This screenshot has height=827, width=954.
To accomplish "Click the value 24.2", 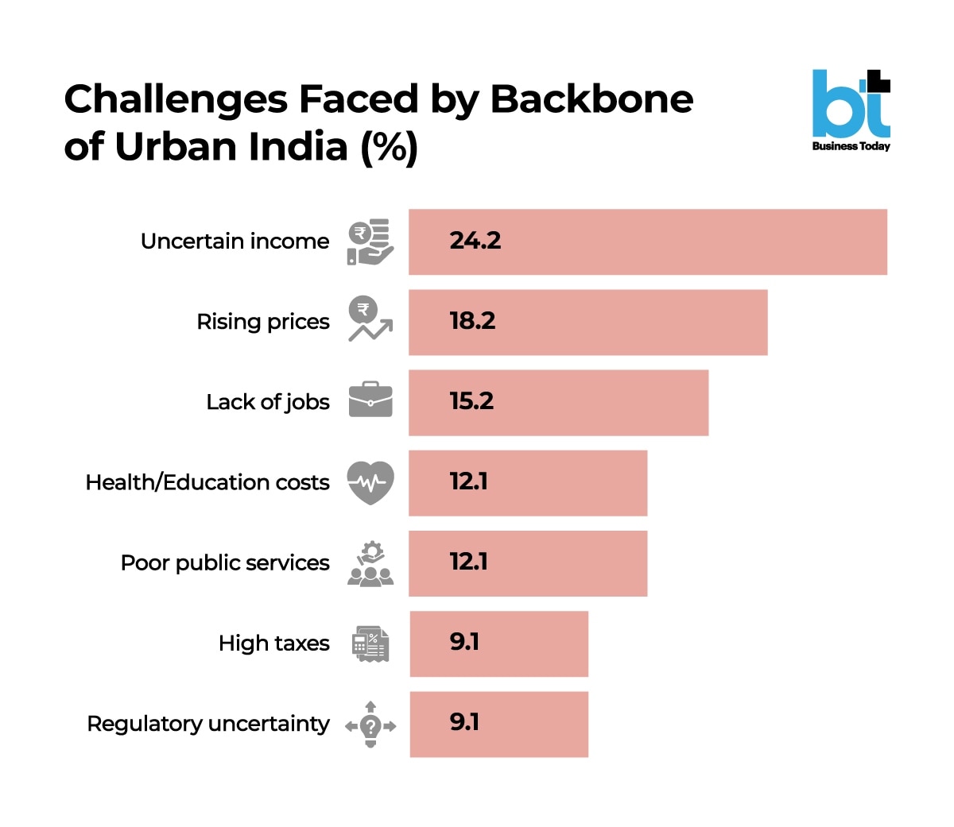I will [475, 240].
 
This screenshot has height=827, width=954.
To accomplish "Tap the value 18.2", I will [472, 320].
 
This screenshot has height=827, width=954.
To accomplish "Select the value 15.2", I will [471, 400].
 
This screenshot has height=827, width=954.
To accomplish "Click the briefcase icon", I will [370, 400].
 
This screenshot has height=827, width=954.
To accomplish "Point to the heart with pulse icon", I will [370, 482].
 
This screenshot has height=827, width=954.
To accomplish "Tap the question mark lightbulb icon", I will [370, 724].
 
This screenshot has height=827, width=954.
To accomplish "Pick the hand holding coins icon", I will [370, 242].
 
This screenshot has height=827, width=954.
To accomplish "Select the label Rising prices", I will [263, 322].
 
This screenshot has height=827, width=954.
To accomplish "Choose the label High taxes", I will [274, 643].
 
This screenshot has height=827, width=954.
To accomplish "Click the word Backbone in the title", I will [591, 99].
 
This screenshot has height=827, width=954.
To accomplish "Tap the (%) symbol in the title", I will [390, 147].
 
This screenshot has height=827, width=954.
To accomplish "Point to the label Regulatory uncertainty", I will [208, 724].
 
